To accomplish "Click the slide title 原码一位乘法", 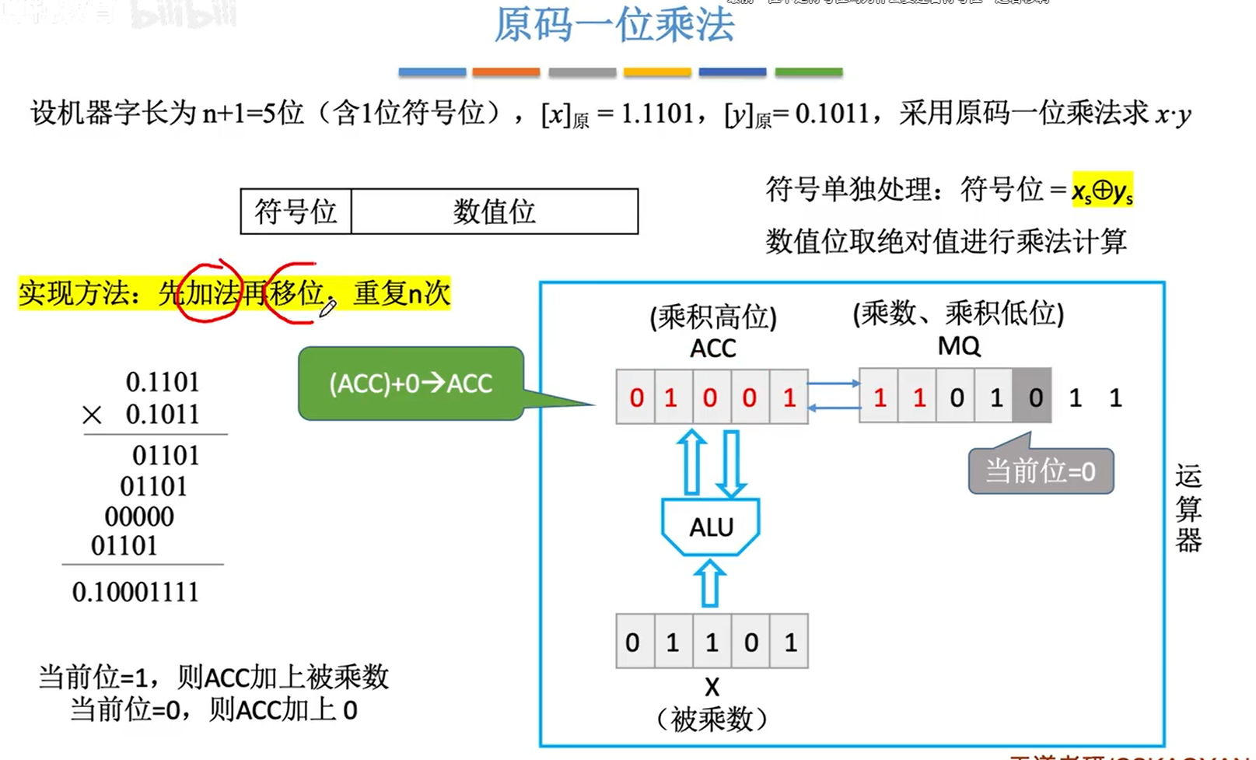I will (x=614, y=25).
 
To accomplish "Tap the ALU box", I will (x=711, y=527).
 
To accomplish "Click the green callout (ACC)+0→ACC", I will (x=411, y=384).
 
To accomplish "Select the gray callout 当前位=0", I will (x=1041, y=471).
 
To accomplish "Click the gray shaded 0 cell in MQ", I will (x=1033, y=398).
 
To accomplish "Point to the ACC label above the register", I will (x=712, y=348).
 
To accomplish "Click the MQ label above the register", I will (x=958, y=345).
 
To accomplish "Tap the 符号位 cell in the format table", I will (x=296, y=211).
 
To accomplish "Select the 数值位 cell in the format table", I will (x=495, y=211).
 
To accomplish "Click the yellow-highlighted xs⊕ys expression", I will (x=1102, y=191).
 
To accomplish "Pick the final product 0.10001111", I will (x=135, y=592).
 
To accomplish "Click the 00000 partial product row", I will (x=139, y=517).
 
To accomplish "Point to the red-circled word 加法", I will (x=210, y=293).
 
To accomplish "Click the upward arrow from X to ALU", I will (x=709, y=584).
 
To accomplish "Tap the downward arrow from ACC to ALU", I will (x=731, y=464).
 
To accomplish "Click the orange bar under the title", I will (x=506, y=72).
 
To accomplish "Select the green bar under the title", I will (x=809, y=72).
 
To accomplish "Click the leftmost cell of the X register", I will (x=634, y=642).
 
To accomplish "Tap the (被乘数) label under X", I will (x=712, y=719).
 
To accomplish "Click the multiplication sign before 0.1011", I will (x=92, y=415).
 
